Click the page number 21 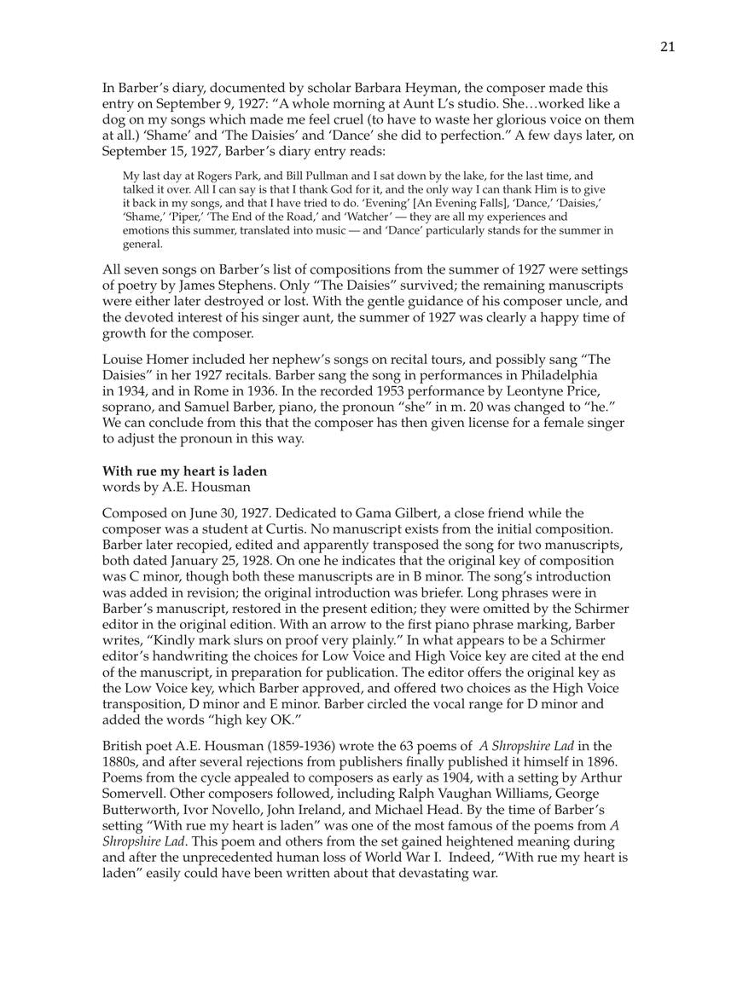[667, 47]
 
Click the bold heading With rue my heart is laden [184, 471]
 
